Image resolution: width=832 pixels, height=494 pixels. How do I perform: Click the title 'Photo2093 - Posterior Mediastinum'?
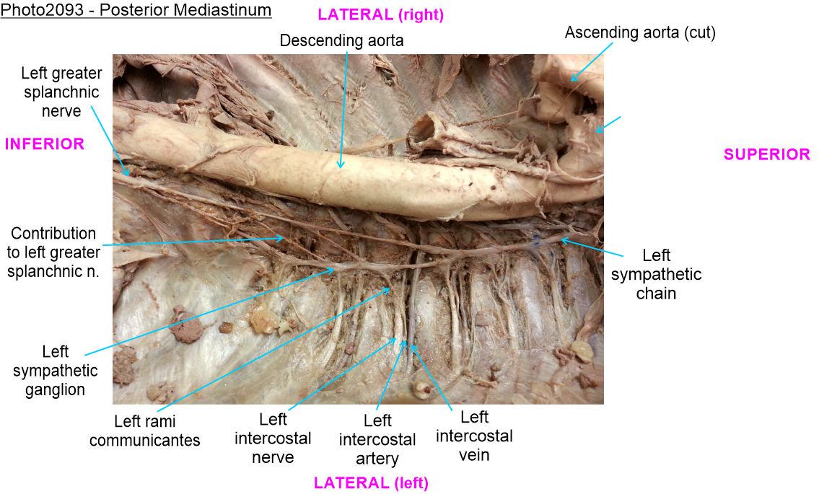[x=136, y=10]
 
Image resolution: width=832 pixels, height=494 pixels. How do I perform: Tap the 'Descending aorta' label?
[x=341, y=41]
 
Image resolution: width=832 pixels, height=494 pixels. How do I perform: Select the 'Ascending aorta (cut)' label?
[x=640, y=32]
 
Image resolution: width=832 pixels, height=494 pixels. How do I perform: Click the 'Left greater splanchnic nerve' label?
[x=61, y=92]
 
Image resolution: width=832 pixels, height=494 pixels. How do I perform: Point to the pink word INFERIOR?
[x=45, y=144]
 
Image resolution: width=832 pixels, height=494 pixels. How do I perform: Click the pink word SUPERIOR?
[x=766, y=154]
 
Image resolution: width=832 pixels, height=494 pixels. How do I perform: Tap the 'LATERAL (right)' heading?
[x=381, y=14]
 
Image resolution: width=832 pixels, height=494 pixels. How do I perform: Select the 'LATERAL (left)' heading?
[x=370, y=483]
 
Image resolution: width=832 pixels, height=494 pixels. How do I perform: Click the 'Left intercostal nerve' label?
[x=273, y=438]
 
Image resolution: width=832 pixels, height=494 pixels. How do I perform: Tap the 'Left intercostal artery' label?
[x=377, y=439]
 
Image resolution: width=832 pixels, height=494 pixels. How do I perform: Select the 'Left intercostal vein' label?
[x=474, y=436]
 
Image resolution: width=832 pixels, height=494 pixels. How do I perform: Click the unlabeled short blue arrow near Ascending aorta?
[x=608, y=123]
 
